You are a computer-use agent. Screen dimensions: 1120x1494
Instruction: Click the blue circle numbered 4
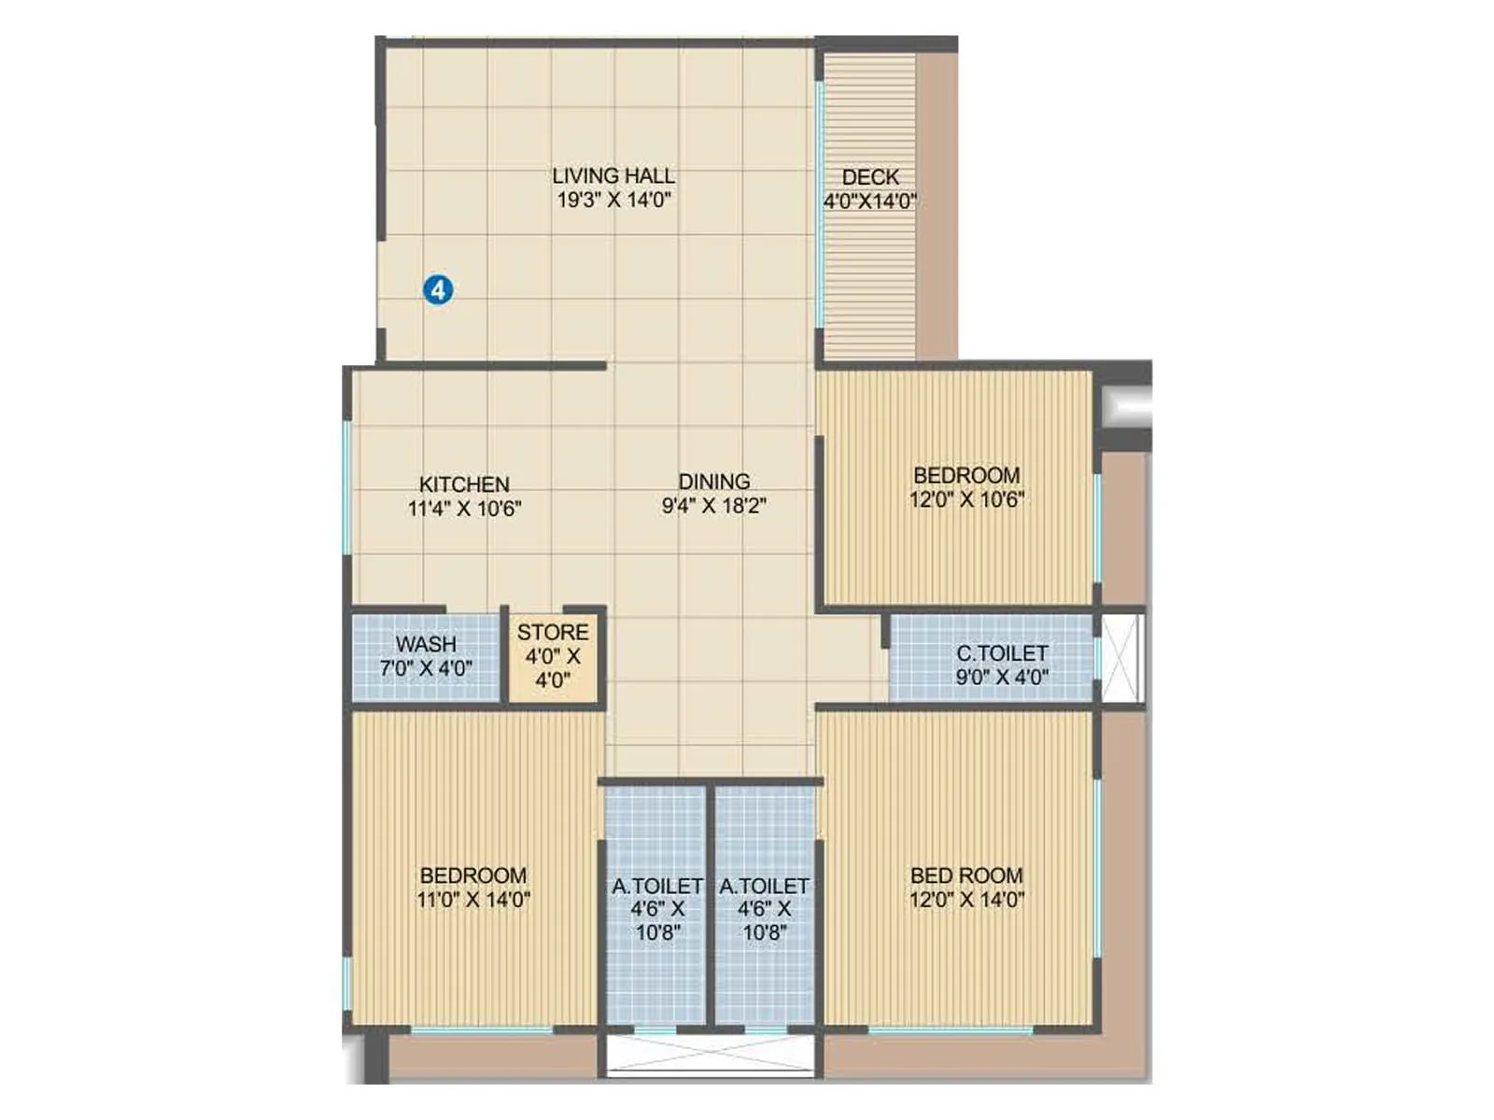coord(438,289)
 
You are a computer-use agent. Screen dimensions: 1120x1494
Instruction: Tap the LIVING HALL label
coord(613,175)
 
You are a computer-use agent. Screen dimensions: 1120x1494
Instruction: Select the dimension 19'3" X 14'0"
coord(613,200)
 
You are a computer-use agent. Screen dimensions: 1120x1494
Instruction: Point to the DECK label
coord(870,176)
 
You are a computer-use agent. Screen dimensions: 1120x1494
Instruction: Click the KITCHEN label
coord(464,484)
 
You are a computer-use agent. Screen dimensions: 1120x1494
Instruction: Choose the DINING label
coord(714,482)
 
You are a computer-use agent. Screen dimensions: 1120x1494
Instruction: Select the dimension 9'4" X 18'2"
coord(714,506)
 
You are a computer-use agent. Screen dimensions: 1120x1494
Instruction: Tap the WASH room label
coord(426,644)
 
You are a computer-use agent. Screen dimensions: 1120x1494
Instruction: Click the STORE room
coord(553,656)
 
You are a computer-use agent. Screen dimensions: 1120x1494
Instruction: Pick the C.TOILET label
coord(1002,652)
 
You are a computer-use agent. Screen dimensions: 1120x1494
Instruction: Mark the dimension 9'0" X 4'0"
coord(1002,677)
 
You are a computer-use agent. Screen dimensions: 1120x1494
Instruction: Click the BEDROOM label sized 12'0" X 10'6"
coord(966,475)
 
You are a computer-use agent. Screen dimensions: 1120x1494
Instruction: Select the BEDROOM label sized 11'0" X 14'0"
coord(473,875)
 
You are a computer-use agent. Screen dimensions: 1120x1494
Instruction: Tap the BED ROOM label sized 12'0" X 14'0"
coord(966,875)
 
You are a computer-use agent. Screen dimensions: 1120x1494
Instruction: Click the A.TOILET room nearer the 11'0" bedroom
coord(657,907)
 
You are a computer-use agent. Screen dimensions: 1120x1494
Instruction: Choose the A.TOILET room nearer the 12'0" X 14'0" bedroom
coord(765,907)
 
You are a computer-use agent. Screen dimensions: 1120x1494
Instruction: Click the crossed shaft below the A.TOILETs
coord(712,1055)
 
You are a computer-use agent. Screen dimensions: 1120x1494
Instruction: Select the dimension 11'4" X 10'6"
coord(464,509)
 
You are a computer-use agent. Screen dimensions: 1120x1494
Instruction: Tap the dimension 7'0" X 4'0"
coord(426,668)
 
